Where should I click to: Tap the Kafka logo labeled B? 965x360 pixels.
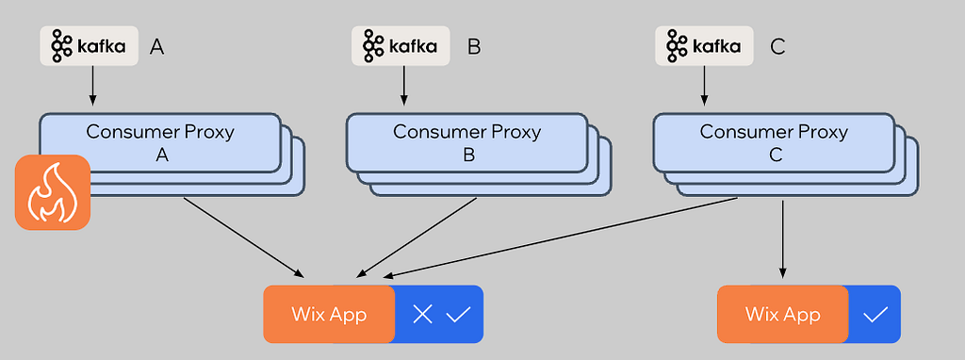pyautogui.click(x=401, y=45)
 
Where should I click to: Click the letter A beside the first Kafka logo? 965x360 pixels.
pyautogui.click(x=157, y=47)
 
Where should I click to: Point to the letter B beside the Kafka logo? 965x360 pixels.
pyautogui.click(x=474, y=47)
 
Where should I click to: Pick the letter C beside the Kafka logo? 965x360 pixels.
pyautogui.click(x=777, y=47)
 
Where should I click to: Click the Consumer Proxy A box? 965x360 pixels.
pyautogui.click(x=160, y=142)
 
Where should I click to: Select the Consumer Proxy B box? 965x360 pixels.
pyautogui.click(x=466, y=142)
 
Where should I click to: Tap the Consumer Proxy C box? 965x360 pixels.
pyautogui.click(x=774, y=142)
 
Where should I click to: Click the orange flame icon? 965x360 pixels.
pyautogui.click(x=53, y=192)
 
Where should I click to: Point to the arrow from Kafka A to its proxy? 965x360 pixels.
pyautogui.click(x=93, y=85)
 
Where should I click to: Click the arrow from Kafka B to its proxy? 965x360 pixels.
pyautogui.click(x=403, y=85)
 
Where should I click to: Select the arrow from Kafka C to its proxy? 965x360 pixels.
pyautogui.click(x=705, y=85)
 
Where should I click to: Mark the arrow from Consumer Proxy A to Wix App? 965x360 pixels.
pyautogui.click(x=244, y=237)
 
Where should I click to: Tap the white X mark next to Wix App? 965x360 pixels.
pyautogui.click(x=422, y=315)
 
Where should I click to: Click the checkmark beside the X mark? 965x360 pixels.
pyautogui.click(x=458, y=315)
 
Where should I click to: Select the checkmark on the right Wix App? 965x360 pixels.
pyautogui.click(x=875, y=315)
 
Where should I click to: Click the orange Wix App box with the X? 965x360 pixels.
pyautogui.click(x=329, y=314)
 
